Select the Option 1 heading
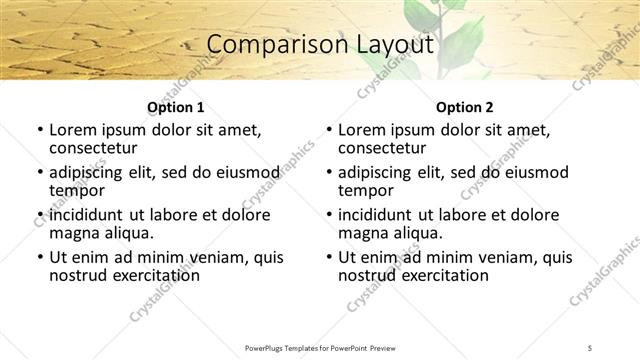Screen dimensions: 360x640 pos(176,107)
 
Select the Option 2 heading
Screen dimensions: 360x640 pos(465,107)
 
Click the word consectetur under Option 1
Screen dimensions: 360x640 pos(91,148)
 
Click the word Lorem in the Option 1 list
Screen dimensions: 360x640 pos(71,130)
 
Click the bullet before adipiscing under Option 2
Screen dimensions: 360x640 pos(328,173)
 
